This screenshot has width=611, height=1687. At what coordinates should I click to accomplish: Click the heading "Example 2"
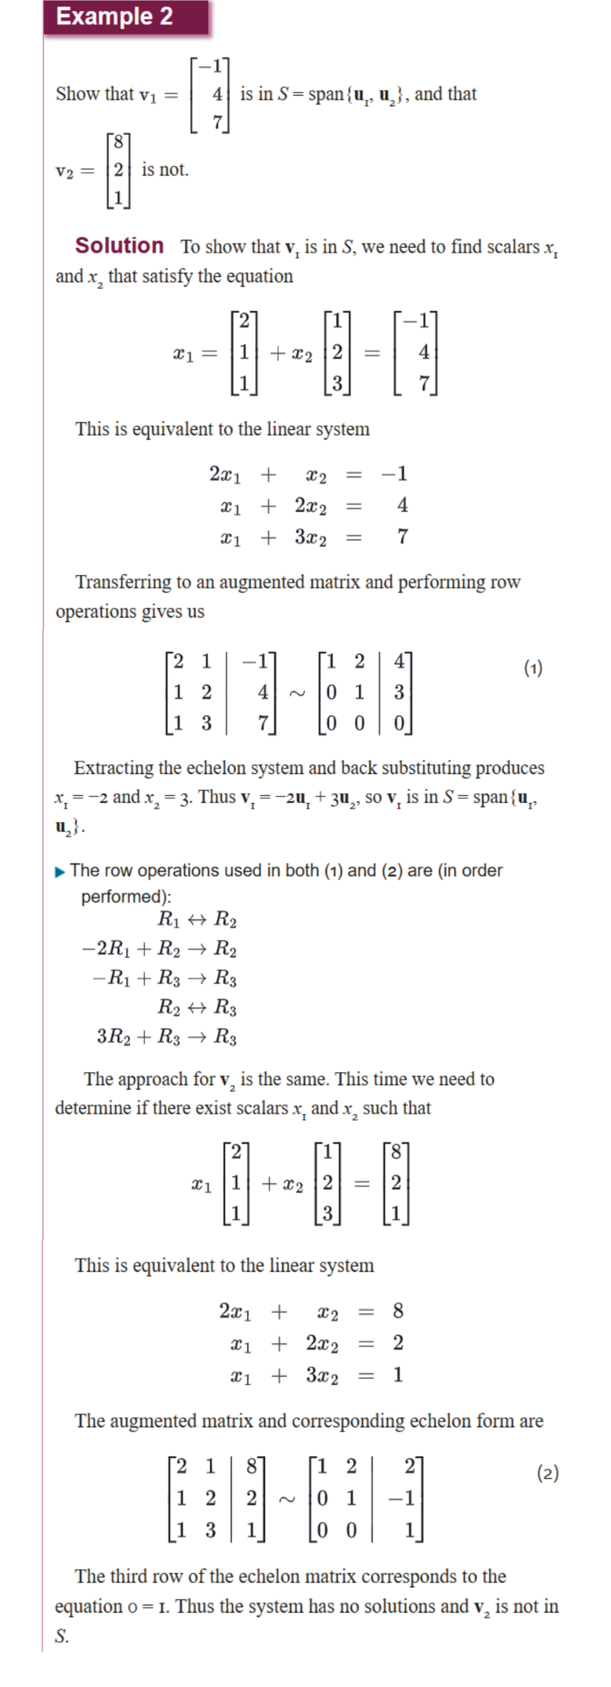click(x=114, y=16)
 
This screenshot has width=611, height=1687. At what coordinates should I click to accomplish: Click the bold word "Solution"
click(x=119, y=246)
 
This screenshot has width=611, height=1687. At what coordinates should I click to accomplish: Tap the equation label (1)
click(x=533, y=668)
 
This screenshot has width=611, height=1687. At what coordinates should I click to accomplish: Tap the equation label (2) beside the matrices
click(x=548, y=1474)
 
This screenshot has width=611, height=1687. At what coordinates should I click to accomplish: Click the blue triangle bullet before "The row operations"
click(x=60, y=872)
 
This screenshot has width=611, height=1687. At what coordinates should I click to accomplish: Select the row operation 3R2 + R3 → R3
click(x=166, y=1036)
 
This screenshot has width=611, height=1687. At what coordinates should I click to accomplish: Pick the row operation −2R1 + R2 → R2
click(x=159, y=949)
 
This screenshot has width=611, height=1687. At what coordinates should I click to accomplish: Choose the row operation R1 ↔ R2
click(x=197, y=919)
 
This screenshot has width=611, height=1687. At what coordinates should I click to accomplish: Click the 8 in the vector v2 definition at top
click(x=118, y=142)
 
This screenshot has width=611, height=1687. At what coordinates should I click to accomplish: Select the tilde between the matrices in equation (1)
click(x=297, y=693)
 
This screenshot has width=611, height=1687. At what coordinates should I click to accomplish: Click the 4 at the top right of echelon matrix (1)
click(x=399, y=661)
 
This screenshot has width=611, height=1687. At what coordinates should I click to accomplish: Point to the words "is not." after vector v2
click(x=165, y=169)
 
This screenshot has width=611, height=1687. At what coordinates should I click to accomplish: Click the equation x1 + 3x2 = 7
click(x=314, y=537)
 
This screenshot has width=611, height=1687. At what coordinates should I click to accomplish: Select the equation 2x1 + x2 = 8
click(x=311, y=1311)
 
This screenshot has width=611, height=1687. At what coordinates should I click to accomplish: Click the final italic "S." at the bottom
click(x=61, y=1636)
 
